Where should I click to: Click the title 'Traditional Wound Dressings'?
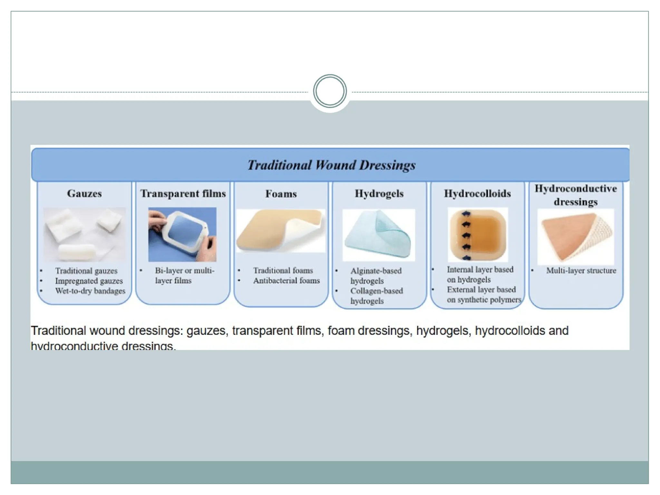click(x=331, y=165)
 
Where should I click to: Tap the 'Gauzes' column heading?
click(x=84, y=193)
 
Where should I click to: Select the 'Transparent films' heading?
click(x=183, y=193)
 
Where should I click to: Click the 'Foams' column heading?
click(x=281, y=194)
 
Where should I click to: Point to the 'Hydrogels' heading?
click(x=379, y=193)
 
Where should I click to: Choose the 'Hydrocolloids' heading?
click(x=477, y=193)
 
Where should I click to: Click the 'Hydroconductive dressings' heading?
click(x=576, y=195)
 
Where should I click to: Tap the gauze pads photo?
click(x=84, y=234)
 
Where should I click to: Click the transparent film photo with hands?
click(x=182, y=234)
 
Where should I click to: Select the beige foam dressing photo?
click(x=281, y=231)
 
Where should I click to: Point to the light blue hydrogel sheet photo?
click(x=378, y=235)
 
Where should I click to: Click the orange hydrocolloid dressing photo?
click(x=478, y=234)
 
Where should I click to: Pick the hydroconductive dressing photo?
click(x=576, y=237)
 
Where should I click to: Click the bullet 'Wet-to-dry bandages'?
click(x=90, y=291)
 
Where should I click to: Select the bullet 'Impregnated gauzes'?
click(x=89, y=281)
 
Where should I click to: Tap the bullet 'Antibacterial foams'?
click(x=286, y=281)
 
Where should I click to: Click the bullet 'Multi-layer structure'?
click(x=581, y=271)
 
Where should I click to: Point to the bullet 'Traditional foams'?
click(x=283, y=270)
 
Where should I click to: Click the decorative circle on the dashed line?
click(x=330, y=91)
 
